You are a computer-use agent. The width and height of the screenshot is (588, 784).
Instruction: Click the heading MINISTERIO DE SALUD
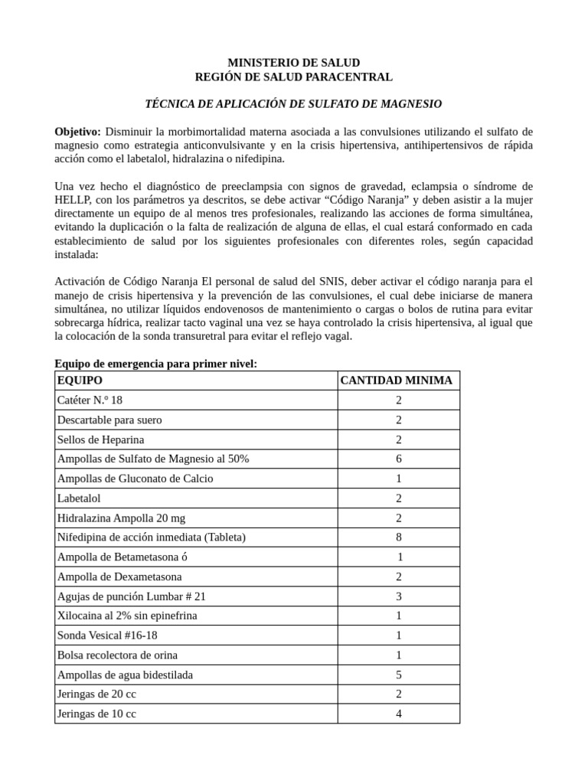294,62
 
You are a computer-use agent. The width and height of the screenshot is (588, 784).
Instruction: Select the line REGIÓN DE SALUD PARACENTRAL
294,77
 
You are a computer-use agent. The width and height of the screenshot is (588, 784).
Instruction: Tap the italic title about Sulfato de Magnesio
294,103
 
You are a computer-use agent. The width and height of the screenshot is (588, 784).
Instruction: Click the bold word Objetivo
77,131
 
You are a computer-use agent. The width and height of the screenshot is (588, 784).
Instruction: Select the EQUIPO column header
80,381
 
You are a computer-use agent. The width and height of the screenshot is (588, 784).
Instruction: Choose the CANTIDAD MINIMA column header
396,381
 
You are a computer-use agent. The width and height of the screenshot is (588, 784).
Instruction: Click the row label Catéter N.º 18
90,400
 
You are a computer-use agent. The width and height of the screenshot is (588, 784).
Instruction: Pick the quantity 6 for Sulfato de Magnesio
398,459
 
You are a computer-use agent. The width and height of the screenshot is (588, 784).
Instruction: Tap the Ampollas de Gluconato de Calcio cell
135,479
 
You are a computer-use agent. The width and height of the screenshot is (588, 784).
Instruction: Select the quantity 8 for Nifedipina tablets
398,537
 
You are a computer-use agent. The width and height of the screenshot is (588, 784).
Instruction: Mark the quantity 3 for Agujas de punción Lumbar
398,596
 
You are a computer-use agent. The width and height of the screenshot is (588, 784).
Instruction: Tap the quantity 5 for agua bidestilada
398,675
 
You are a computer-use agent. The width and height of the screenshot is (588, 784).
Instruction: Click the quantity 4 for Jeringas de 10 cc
398,714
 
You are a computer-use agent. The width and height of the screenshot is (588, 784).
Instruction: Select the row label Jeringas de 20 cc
96,694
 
